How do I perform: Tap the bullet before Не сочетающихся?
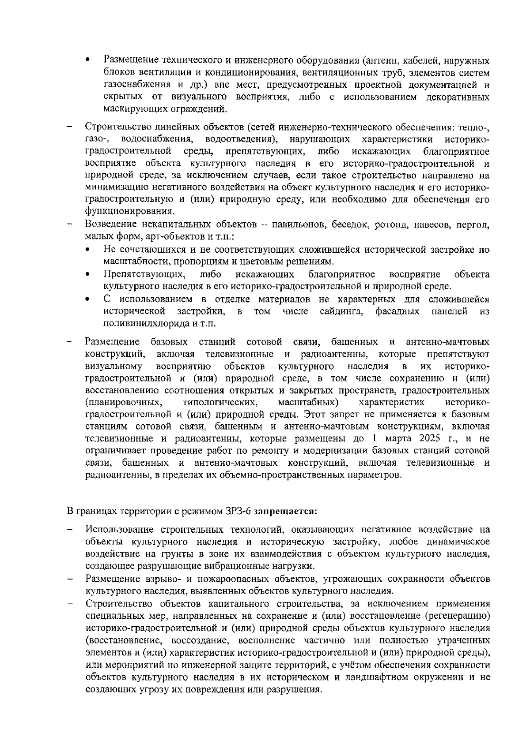89,250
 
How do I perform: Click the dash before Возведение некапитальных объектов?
70,225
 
